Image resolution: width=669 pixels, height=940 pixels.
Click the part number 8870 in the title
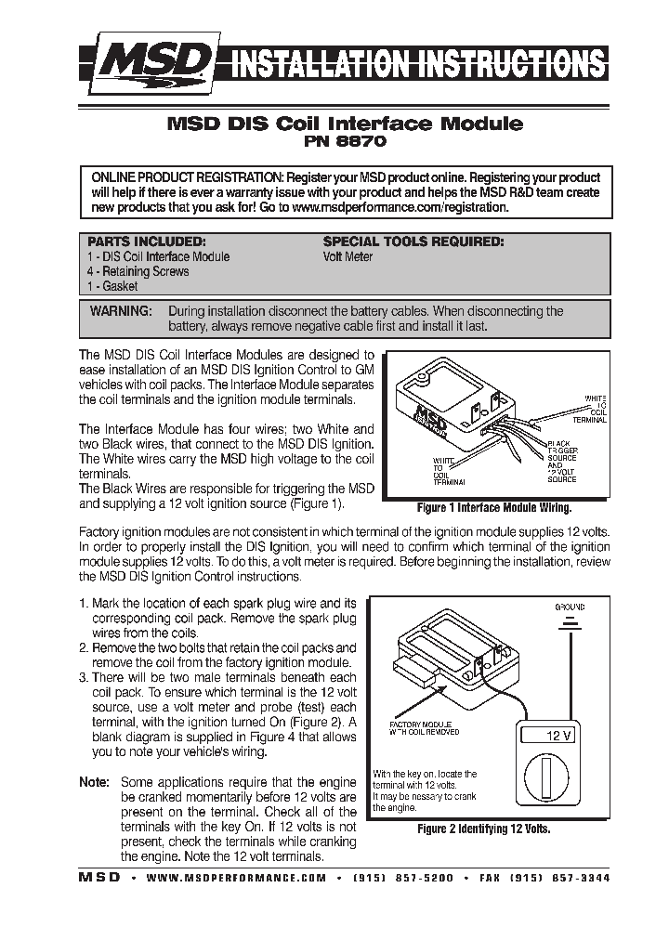coord(365,143)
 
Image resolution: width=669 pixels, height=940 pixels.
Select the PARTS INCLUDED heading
coord(146,242)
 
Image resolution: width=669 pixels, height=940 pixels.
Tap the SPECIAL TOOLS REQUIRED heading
coord(413,242)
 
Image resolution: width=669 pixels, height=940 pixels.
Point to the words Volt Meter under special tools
coord(348,256)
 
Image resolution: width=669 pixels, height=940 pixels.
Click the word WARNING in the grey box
coord(121,311)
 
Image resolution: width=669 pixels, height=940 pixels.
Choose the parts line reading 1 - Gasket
coord(112,287)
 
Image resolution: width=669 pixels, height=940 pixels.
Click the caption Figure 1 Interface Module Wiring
coord(493,508)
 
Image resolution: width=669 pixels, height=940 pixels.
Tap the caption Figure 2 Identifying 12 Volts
coord(483,828)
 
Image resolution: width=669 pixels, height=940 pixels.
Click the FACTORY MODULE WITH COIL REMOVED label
coord(420,727)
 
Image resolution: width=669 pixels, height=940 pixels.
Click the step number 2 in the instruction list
coord(84,647)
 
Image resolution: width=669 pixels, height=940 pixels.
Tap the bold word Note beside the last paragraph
coord(94,782)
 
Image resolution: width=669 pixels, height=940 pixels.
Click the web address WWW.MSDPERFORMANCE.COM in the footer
coord(237,878)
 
